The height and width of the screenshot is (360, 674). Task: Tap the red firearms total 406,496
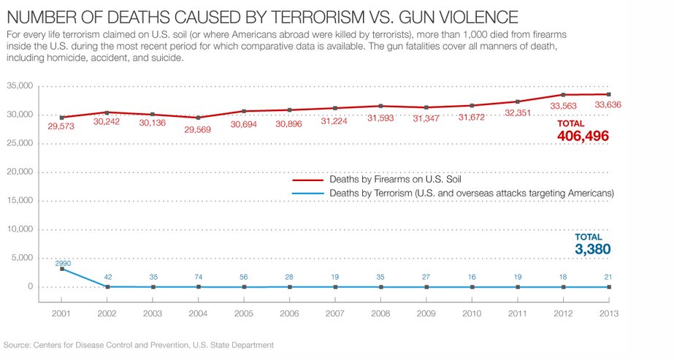(583, 137)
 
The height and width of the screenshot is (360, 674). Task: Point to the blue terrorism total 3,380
(592, 250)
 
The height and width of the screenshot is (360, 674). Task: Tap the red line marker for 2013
(609, 94)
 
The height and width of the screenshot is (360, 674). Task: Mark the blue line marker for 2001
(62, 269)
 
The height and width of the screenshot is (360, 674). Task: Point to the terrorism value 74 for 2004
(199, 277)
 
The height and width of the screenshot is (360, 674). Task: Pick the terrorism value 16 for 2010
(472, 277)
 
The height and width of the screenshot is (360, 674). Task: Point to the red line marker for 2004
(199, 118)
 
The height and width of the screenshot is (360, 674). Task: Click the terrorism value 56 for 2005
(245, 277)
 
